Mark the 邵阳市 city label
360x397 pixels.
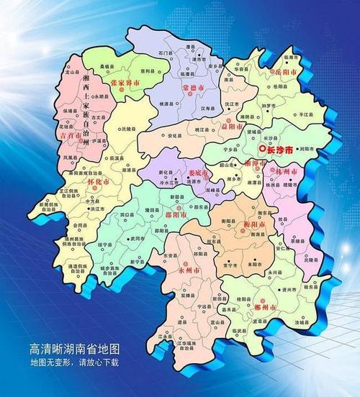click(177, 214)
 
